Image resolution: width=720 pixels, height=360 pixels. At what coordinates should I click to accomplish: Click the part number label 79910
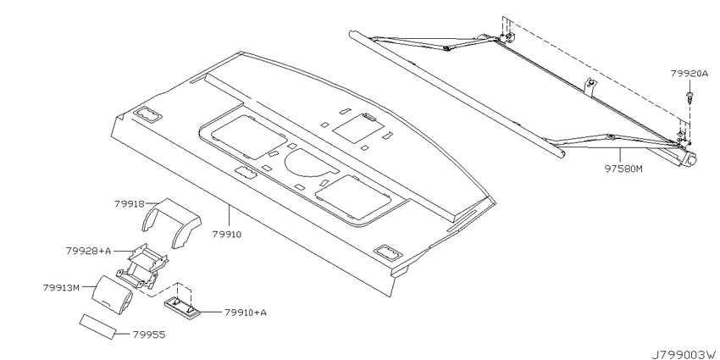tap(227, 234)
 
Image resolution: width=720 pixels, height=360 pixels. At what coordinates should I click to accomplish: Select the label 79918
tap(129, 203)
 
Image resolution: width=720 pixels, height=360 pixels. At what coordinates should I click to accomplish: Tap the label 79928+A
tap(88, 252)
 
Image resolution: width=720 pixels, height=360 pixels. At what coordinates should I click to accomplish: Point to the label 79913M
tap(61, 288)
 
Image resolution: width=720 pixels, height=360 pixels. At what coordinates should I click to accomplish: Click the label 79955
tap(149, 335)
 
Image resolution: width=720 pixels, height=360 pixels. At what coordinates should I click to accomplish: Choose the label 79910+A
tap(246, 313)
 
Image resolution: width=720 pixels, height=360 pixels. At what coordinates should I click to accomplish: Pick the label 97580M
tap(623, 169)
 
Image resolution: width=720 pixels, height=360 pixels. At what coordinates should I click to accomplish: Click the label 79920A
tap(690, 74)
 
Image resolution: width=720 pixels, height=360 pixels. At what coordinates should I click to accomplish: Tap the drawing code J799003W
tap(684, 355)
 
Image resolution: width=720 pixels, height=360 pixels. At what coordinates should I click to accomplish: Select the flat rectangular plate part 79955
tap(97, 326)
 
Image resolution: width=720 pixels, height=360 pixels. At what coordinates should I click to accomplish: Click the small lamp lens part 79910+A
tap(183, 307)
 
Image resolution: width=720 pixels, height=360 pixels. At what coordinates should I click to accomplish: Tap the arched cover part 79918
tap(171, 222)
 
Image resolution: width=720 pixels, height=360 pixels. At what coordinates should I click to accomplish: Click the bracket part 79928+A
tap(141, 266)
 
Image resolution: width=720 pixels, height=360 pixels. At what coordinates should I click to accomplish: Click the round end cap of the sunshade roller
tap(690, 159)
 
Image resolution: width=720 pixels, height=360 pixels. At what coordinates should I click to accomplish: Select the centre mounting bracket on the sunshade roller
tap(590, 86)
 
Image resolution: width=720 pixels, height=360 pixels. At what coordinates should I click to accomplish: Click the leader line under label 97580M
tap(620, 156)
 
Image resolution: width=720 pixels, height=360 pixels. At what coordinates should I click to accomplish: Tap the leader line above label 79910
tap(229, 217)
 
